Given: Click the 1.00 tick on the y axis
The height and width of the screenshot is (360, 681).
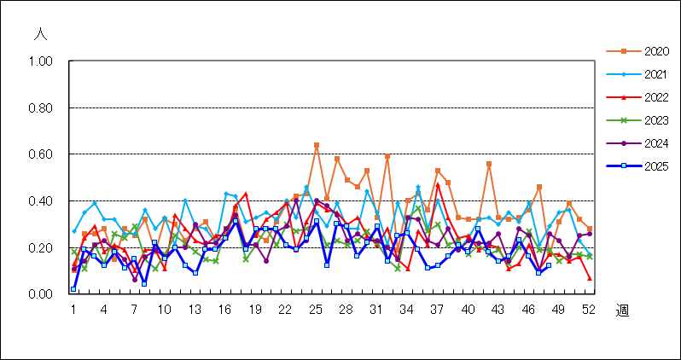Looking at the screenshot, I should pyautogui.click(x=41, y=61).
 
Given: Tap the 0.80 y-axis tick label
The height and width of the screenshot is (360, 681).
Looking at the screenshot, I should pyautogui.click(x=41, y=108).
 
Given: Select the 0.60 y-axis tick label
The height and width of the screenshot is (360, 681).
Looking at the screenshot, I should pyautogui.click(x=41, y=154).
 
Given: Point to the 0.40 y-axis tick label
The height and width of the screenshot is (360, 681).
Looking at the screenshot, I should pyautogui.click(x=41, y=201).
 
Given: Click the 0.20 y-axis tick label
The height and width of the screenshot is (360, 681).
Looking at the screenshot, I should pyautogui.click(x=41, y=247).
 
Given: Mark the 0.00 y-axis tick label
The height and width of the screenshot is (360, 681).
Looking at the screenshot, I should pyautogui.click(x=41, y=294).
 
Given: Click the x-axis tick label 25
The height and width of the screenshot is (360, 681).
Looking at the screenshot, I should pyautogui.click(x=316, y=309).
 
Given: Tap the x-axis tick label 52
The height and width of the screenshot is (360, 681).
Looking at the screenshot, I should pyautogui.click(x=589, y=309).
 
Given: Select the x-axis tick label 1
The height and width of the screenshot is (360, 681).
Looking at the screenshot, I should pyautogui.click(x=73, y=309).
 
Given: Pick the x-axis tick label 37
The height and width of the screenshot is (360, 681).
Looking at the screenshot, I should pyautogui.click(x=437, y=309).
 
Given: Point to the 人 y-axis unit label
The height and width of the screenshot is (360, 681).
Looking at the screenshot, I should pyautogui.click(x=40, y=35).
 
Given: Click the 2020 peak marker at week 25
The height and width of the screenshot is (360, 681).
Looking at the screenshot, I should pyautogui.click(x=317, y=145).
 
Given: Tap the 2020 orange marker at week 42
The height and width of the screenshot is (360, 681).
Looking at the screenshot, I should pyautogui.click(x=489, y=164).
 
